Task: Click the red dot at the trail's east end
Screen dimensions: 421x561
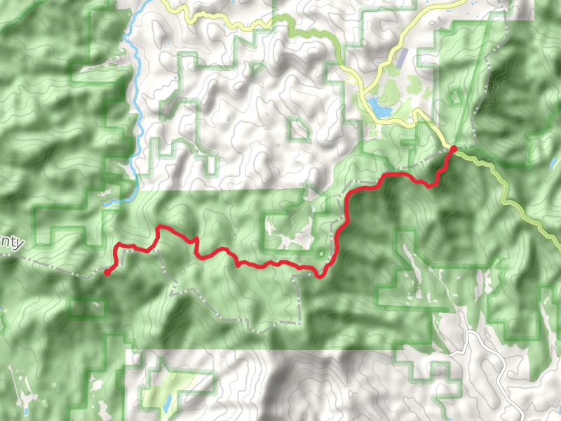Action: [x=453, y=149]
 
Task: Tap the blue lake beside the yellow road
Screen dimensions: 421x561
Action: [x=379, y=108]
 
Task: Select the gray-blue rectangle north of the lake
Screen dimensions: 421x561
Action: [x=400, y=59]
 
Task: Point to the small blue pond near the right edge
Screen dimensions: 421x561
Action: [x=554, y=163]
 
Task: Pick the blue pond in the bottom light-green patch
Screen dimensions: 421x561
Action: [x=168, y=402]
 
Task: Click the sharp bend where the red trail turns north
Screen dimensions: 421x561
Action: [x=323, y=274]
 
